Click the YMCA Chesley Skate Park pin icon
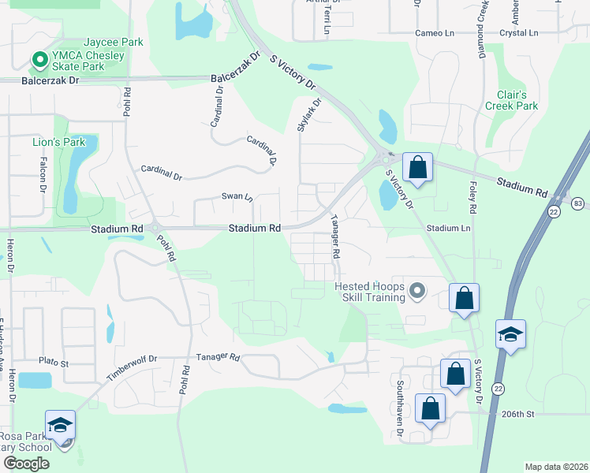click(37, 59)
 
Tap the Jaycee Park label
click(114, 42)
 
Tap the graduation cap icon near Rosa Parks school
click(61, 425)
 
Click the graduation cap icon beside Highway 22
click(510, 334)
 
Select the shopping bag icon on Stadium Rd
click(417, 167)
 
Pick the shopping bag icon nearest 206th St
click(431, 408)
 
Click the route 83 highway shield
click(580, 203)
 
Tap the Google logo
click(26, 464)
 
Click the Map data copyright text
click(555, 467)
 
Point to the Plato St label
click(54, 363)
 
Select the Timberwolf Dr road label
click(133, 367)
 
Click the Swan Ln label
click(236, 196)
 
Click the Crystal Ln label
click(518, 34)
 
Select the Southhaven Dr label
click(401, 400)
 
